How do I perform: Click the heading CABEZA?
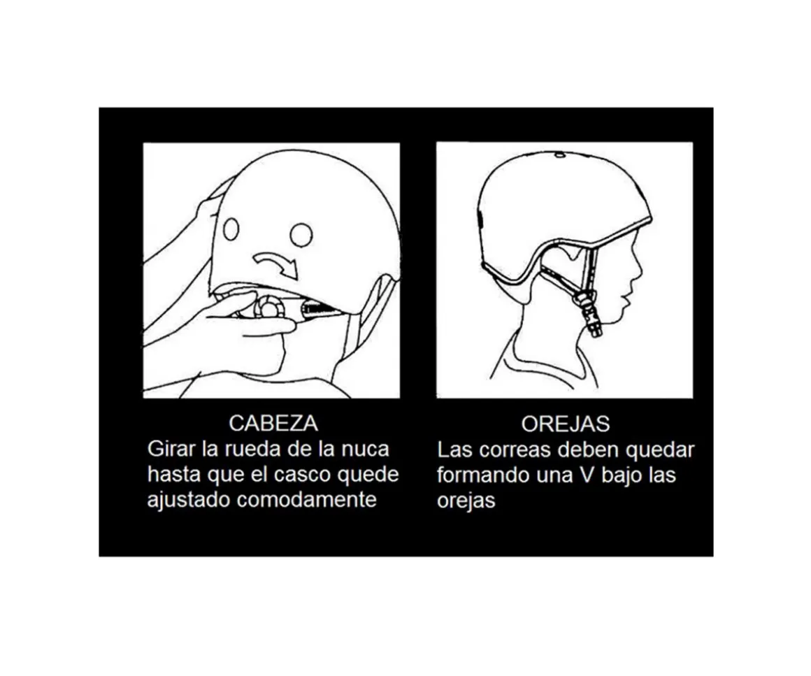pos(273,423)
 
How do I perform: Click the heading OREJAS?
pos(565,424)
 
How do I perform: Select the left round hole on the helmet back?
pos(231,229)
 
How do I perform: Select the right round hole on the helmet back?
pos(301,234)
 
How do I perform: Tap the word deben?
pos(584,449)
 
